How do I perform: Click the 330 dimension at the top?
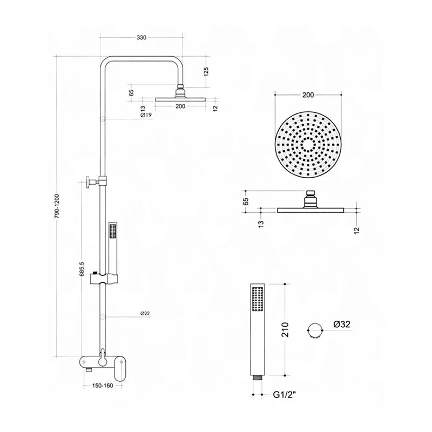141,38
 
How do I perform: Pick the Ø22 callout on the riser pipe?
145,314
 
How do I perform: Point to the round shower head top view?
308,145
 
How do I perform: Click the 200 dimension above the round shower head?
308,96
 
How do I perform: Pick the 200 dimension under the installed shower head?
180,106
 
